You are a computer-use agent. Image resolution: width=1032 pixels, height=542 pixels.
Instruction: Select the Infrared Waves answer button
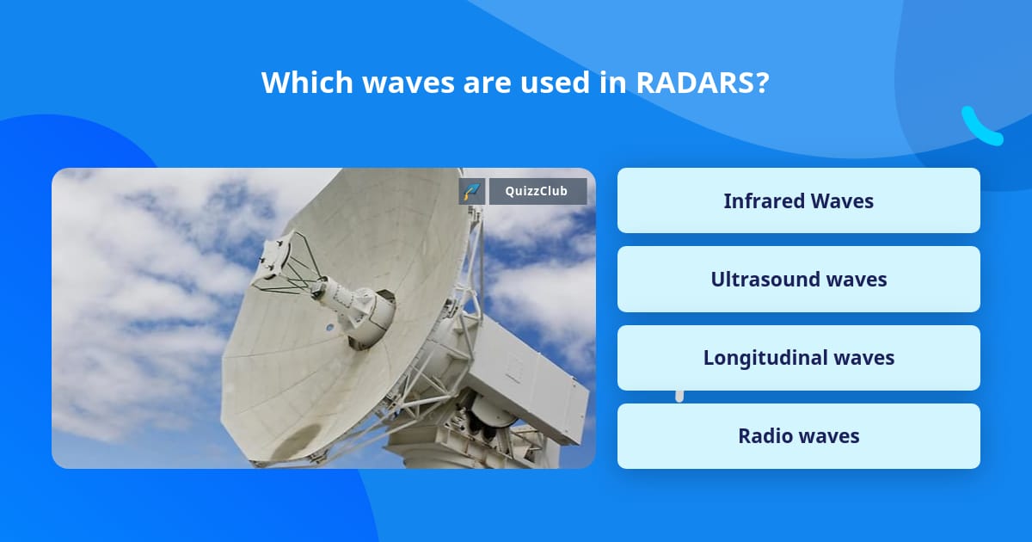click(x=798, y=200)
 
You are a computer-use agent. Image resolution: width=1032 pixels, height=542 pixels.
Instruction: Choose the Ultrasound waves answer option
click(x=798, y=280)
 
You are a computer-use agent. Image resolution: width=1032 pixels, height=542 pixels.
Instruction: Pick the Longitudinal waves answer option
click(x=798, y=358)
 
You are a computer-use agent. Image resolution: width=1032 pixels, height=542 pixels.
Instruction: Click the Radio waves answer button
click(x=798, y=436)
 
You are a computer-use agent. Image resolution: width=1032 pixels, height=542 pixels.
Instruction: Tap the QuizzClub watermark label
click(x=537, y=191)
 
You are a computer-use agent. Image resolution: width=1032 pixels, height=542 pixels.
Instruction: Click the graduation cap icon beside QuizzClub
click(x=471, y=191)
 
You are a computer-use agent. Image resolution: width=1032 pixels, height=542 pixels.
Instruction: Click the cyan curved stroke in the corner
click(x=981, y=126)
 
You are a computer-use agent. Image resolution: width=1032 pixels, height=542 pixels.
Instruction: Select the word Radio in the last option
click(x=764, y=436)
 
